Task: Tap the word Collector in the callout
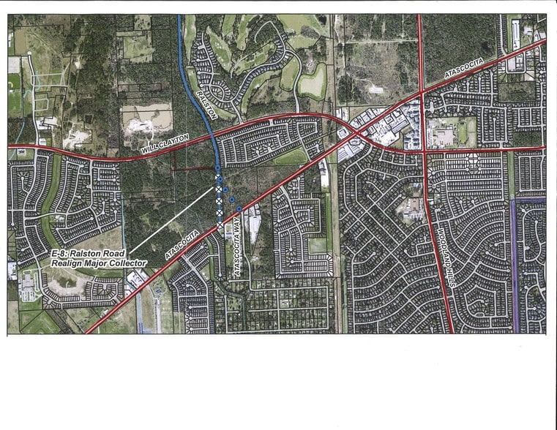tap(129, 263)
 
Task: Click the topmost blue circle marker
tap(217, 169)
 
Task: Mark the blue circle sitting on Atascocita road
tap(239, 209)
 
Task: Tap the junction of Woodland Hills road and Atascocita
tap(423, 92)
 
